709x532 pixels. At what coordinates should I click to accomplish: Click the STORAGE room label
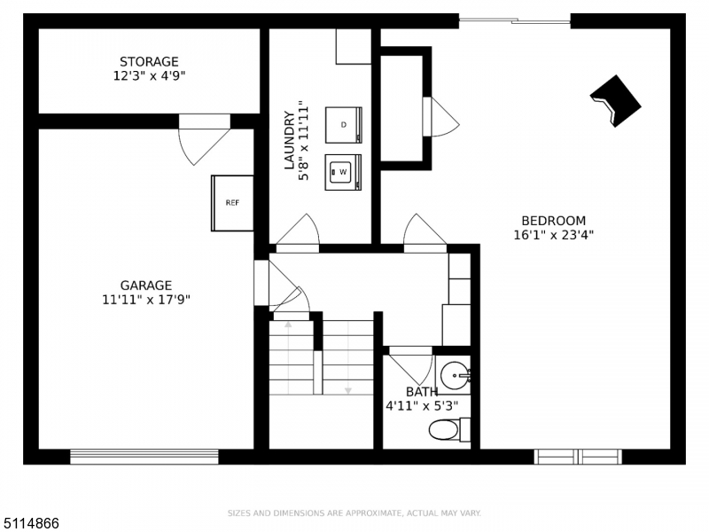(149, 61)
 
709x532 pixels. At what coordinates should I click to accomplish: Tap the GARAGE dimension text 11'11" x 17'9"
(146, 300)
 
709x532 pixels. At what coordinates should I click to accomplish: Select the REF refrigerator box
(232, 203)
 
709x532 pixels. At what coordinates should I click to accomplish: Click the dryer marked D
(344, 125)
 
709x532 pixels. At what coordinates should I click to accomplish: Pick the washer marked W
(343, 172)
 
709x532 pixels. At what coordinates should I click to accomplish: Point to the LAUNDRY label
(290, 140)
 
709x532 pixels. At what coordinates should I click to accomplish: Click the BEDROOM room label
(553, 221)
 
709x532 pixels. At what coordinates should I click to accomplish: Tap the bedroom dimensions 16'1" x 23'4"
(553, 235)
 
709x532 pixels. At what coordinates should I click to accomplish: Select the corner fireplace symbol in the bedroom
(615, 101)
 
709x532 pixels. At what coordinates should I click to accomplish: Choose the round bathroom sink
(455, 375)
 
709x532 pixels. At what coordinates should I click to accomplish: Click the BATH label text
(422, 392)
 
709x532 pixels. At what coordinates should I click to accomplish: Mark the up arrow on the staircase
(288, 324)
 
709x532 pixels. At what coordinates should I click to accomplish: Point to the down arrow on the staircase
(348, 390)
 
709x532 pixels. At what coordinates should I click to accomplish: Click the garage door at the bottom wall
(144, 457)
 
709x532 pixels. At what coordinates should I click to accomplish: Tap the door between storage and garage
(205, 140)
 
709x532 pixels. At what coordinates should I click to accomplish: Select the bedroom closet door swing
(440, 117)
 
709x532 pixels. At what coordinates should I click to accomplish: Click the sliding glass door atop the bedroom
(515, 20)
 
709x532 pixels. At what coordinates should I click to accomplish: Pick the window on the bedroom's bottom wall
(578, 457)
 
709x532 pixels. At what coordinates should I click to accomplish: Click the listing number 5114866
(30, 523)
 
